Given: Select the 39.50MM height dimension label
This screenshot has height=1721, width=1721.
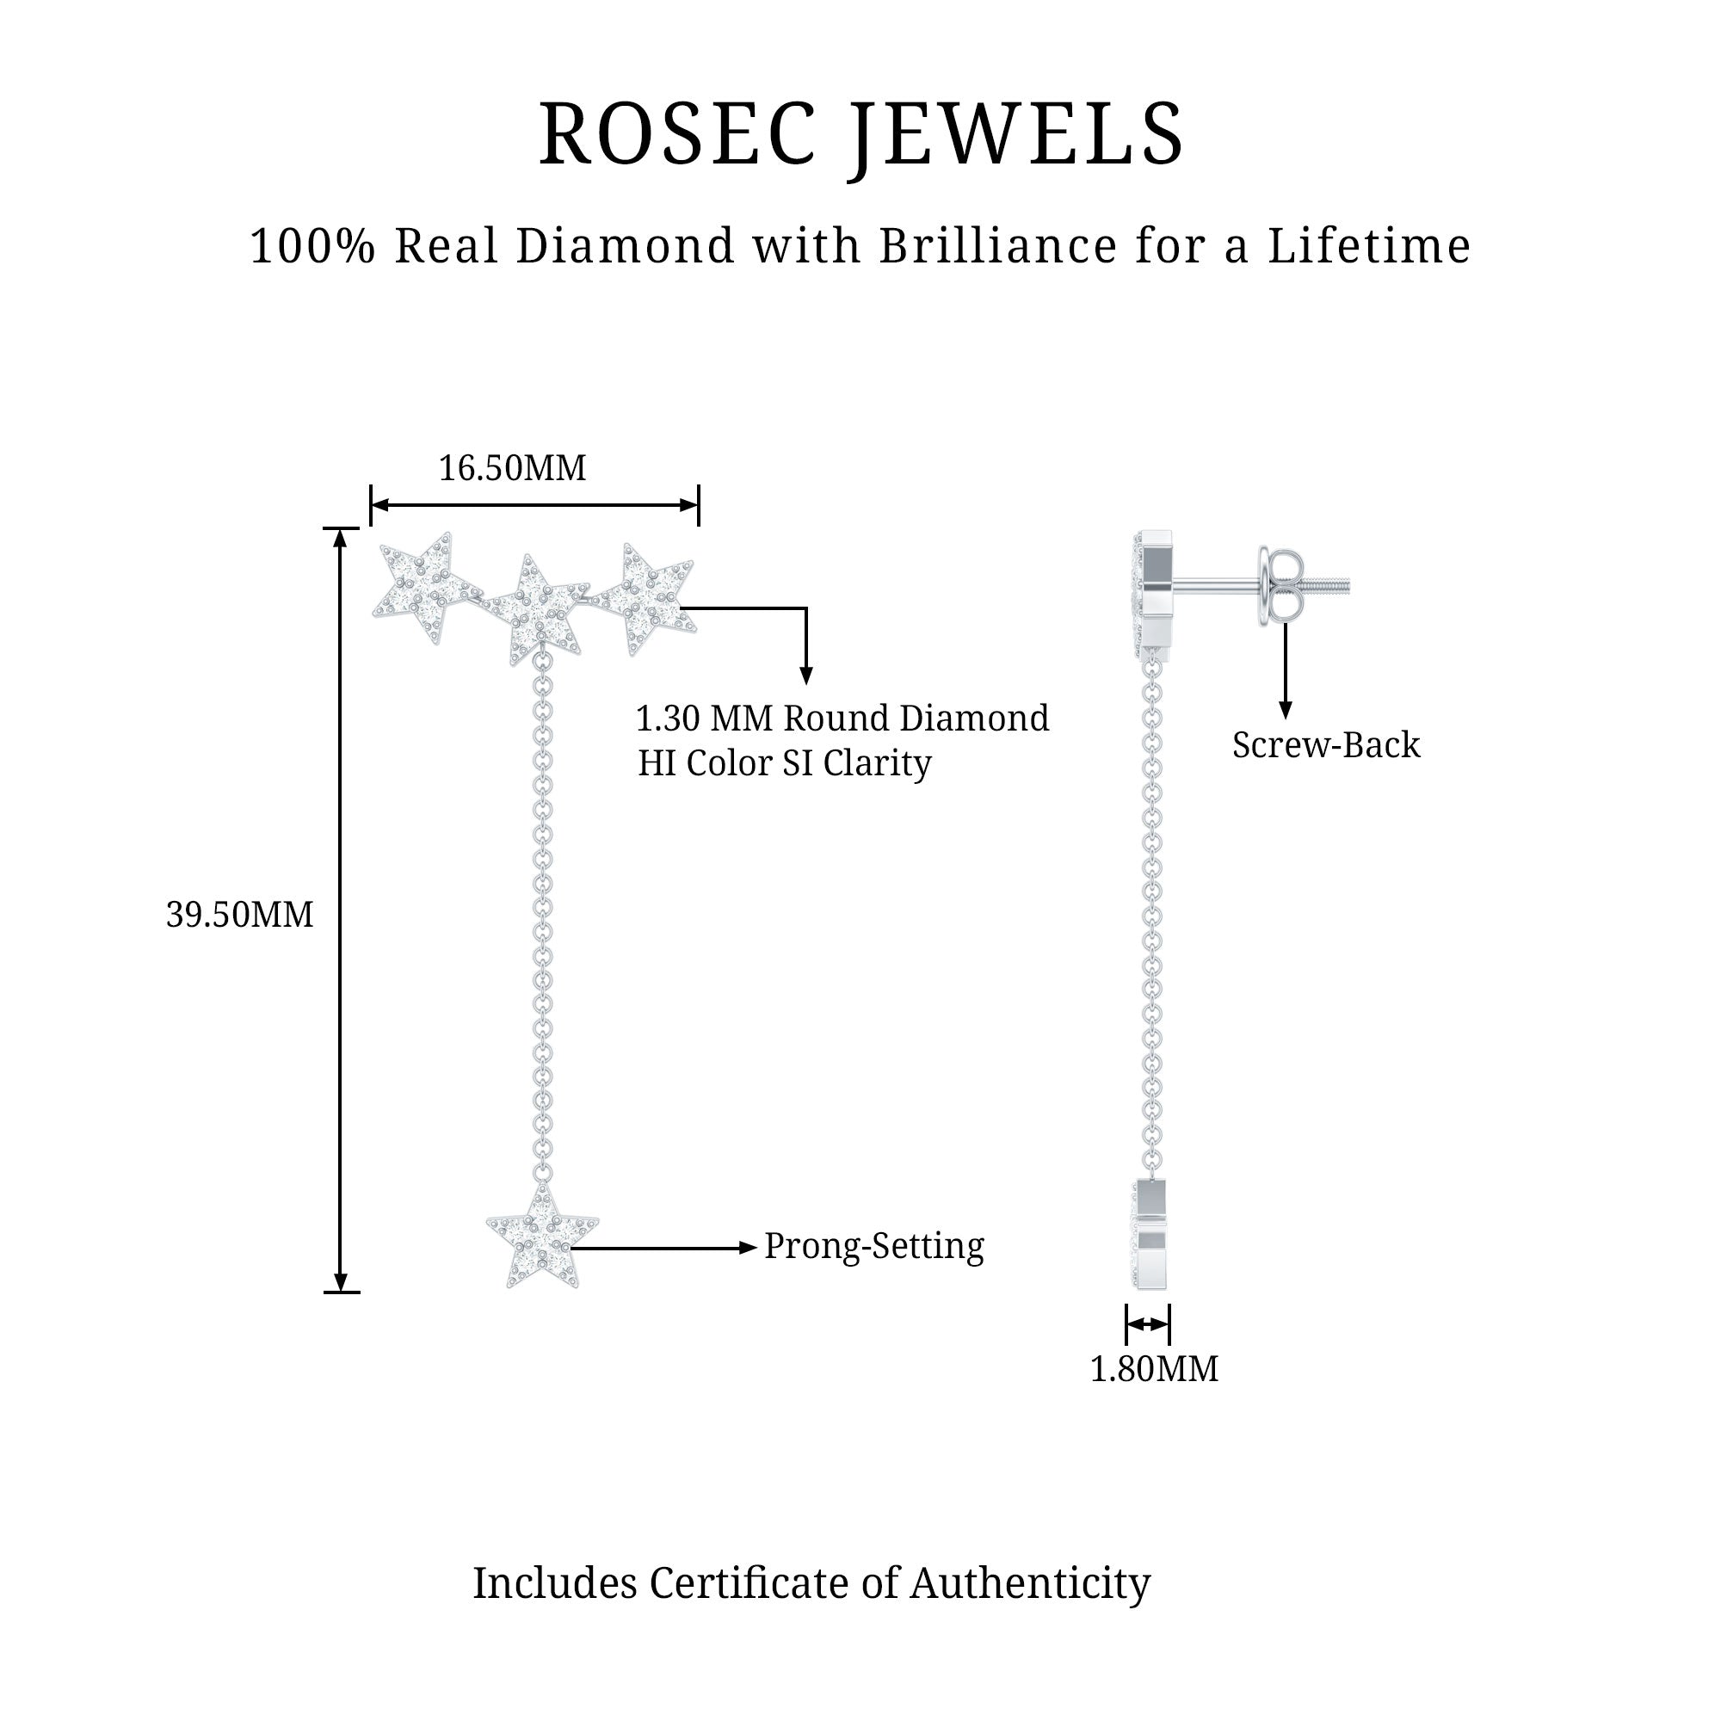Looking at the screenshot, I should pyautogui.click(x=239, y=915).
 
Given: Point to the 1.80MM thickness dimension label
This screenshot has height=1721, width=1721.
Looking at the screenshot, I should pyautogui.click(x=1154, y=1369).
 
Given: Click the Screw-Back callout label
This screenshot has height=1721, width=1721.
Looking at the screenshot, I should pyautogui.click(x=1325, y=745).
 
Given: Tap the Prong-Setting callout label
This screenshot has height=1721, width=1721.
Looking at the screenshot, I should pyautogui.click(x=874, y=1246).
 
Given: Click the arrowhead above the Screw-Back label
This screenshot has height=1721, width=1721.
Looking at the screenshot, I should pyautogui.click(x=1285, y=709).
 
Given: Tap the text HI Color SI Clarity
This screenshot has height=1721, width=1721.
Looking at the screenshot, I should pyautogui.click(x=784, y=763).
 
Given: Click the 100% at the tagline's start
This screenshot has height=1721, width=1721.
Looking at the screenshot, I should pyautogui.click(x=312, y=247).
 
